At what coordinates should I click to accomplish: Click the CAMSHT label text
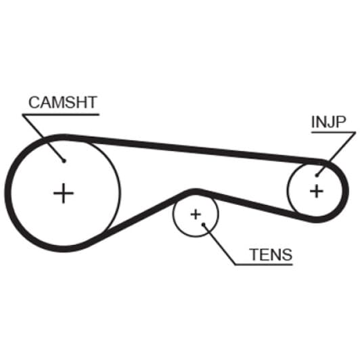63,102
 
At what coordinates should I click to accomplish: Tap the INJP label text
329,122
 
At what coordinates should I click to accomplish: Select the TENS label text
271,254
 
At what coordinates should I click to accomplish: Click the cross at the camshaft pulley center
64,193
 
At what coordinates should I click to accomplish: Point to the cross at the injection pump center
317,191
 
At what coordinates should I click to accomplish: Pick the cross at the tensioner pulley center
196,215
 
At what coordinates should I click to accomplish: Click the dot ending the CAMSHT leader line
64,161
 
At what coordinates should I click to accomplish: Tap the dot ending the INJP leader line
317,176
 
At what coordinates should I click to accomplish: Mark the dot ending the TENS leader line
204,224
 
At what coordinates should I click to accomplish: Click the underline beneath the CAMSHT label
61,114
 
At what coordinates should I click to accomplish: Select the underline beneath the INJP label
334,132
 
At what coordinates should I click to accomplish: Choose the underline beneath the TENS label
264,265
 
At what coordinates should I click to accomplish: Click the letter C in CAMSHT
34,102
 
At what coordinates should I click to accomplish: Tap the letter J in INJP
330,122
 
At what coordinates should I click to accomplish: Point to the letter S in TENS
287,254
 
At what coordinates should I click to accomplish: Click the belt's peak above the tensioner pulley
196,192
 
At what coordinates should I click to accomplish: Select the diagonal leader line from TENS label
219,244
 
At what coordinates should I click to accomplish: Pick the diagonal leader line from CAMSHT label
43,138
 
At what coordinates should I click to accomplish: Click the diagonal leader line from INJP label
336,154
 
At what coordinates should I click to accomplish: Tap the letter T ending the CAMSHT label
92,102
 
